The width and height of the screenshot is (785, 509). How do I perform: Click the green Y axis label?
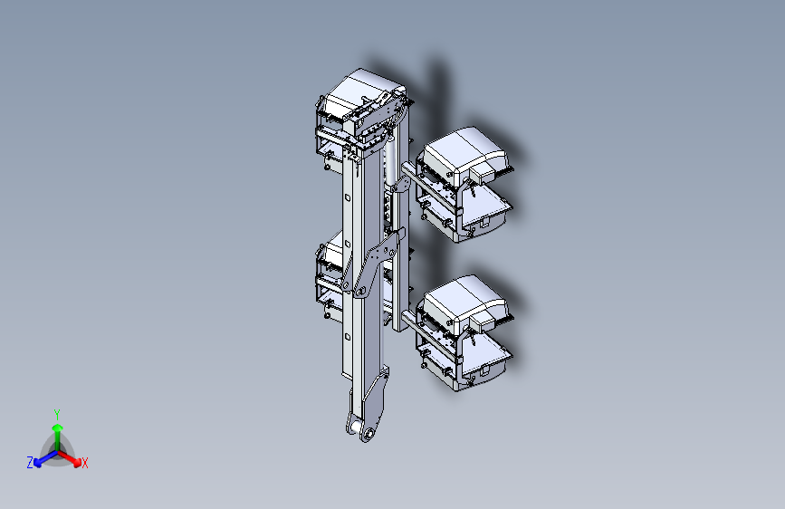[56, 415]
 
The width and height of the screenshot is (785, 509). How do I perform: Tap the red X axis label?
[84, 463]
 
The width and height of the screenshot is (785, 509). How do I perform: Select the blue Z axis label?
[30, 463]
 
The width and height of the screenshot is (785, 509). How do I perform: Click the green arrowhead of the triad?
[58, 427]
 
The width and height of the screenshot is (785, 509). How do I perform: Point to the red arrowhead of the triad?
[77, 462]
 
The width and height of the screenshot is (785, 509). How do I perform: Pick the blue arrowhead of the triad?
[37, 462]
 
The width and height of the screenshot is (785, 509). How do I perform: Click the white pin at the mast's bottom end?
[356, 427]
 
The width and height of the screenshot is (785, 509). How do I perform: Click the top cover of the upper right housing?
[462, 149]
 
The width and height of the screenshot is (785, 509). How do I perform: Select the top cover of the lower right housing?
[462, 297]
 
